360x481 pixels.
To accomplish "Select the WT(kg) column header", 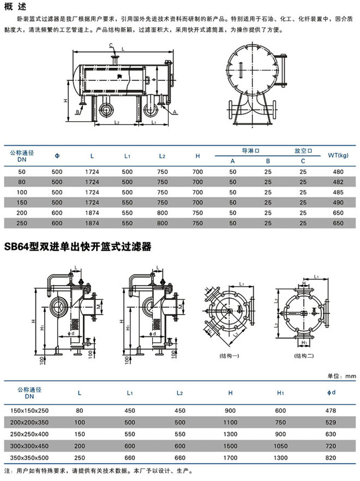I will point(338,156).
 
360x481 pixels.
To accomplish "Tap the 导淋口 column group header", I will point(250,150).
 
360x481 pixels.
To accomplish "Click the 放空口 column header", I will point(303,150).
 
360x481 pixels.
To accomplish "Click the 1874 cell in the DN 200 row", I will point(92,213).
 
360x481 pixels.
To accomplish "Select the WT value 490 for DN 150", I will point(338,203).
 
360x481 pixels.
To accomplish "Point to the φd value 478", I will point(331,410).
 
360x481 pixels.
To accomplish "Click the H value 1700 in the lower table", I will point(230,457).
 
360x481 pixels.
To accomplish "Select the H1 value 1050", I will point(280,445).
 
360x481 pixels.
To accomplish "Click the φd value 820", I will point(331,457).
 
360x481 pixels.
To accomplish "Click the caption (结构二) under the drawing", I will point(303,355).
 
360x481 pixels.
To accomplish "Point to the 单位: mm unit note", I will point(341,375).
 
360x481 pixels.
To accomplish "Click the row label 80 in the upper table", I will point(22,182).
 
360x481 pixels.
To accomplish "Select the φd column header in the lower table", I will point(331,393).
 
